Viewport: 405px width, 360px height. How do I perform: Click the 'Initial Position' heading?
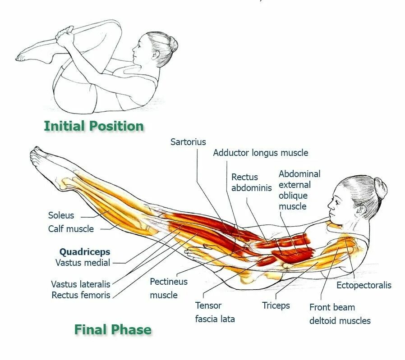(x=94, y=126)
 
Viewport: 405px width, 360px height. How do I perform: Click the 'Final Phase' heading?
(x=113, y=330)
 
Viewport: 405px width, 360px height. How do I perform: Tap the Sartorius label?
(x=188, y=142)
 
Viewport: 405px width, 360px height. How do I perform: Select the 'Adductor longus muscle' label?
(x=261, y=153)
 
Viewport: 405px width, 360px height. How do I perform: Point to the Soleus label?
(x=61, y=215)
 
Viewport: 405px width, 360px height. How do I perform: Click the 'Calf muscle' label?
(x=71, y=229)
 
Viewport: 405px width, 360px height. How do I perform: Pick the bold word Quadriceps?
(x=85, y=252)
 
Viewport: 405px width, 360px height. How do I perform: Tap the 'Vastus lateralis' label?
(x=80, y=284)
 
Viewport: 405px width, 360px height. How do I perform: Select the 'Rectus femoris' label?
(x=81, y=296)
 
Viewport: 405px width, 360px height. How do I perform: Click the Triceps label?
(x=276, y=305)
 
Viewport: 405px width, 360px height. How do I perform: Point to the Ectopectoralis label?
(x=364, y=285)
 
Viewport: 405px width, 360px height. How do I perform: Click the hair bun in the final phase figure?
(x=380, y=188)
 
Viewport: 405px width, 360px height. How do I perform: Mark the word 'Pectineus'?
(x=169, y=282)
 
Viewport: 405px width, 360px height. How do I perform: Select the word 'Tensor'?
(x=208, y=305)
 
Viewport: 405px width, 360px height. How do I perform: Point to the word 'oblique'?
(x=293, y=196)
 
